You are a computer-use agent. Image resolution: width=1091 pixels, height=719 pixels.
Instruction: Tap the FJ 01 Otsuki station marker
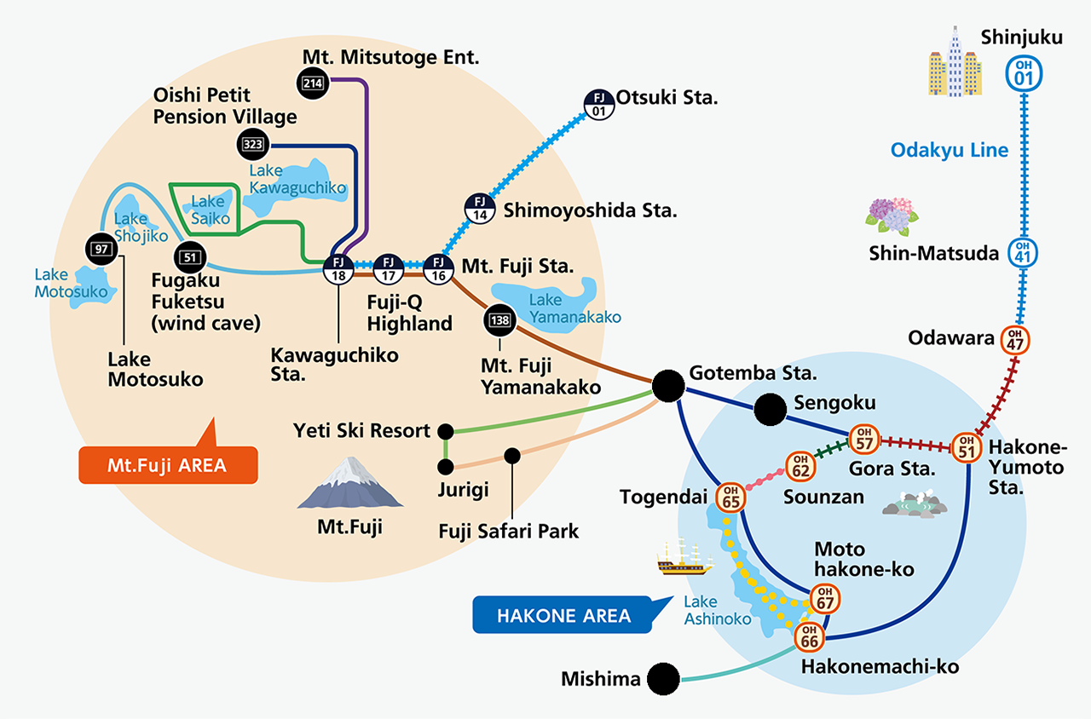click(x=598, y=104)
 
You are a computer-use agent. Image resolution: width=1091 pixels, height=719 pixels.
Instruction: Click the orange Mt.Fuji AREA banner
click(x=167, y=465)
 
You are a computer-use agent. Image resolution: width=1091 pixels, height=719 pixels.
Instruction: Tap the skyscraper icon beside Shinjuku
click(x=954, y=65)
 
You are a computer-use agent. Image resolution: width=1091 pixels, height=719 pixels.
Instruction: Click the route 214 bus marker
click(x=310, y=82)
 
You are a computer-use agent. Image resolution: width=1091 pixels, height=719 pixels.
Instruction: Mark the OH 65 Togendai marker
click(x=730, y=497)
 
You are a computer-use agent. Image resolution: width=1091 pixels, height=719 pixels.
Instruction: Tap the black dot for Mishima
click(x=663, y=679)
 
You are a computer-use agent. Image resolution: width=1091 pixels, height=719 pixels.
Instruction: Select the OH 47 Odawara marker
click(x=1015, y=339)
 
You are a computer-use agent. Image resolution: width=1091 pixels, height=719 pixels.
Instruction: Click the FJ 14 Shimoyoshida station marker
click(x=479, y=208)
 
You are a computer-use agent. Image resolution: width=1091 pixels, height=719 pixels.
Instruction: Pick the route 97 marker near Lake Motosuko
click(x=100, y=248)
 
